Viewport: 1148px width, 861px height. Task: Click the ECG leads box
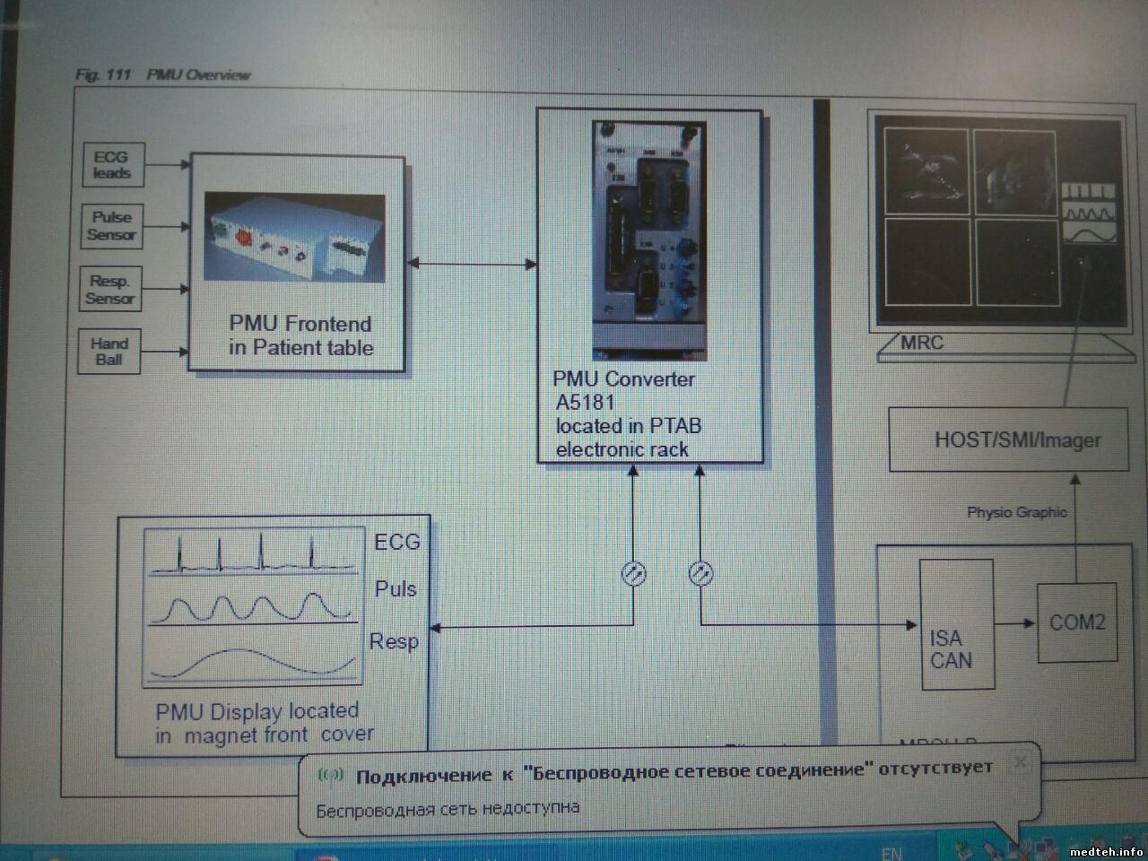111,165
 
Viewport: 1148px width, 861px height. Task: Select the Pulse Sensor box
111,226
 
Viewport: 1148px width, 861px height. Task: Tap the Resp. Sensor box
110,290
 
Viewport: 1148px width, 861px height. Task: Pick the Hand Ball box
109,352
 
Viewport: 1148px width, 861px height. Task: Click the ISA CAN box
956,624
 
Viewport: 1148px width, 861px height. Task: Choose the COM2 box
1077,622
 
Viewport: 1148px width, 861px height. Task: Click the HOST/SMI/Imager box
1008,439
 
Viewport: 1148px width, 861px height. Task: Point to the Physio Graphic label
1016,512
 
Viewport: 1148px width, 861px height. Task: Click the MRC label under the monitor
922,343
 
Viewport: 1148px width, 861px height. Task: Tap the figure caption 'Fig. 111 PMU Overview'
163,74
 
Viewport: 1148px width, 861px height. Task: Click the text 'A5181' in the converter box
586,402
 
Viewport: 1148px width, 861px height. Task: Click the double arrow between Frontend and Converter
472,264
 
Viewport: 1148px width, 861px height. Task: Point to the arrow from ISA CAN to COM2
1015,623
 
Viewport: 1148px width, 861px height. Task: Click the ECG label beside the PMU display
396,542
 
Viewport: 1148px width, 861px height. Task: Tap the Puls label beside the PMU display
396,589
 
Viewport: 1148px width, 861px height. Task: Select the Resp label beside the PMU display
394,641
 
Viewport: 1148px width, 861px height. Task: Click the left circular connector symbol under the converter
633,573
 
